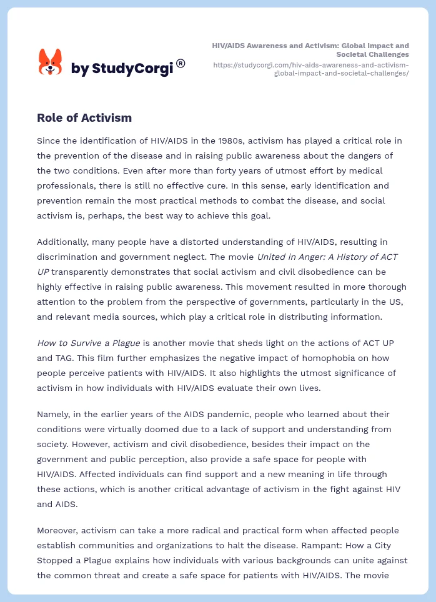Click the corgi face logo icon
[x=51, y=62]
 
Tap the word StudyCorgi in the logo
[x=132, y=69]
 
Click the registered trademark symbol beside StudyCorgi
[x=181, y=63]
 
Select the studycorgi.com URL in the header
[x=310, y=69]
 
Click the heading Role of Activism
[x=84, y=117]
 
